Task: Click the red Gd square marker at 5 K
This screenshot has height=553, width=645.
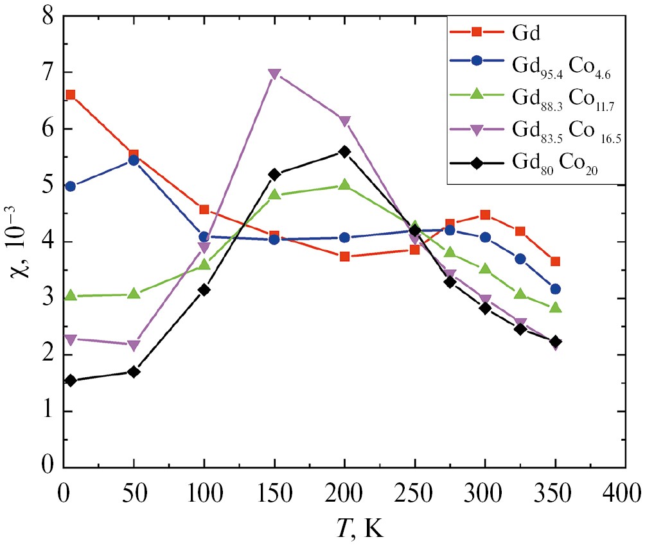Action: click(x=71, y=95)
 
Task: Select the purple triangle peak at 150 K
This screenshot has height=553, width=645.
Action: click(x=274, y=74)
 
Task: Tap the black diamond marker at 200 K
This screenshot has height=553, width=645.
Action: click(x=345, y=152)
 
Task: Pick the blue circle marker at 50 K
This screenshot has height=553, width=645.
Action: click(x=134, y=160)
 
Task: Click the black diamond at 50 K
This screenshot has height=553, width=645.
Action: click(x=134, y=371)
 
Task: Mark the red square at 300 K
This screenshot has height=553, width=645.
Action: click(x=486, y=215)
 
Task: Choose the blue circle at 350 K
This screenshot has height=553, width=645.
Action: click(x=556, y=289)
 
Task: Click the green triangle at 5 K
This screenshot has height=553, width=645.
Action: click(x=71, y=296)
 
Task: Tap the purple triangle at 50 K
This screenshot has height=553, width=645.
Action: click(x=134, y=346)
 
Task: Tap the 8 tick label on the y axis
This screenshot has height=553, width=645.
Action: click(x=48, y=17)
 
